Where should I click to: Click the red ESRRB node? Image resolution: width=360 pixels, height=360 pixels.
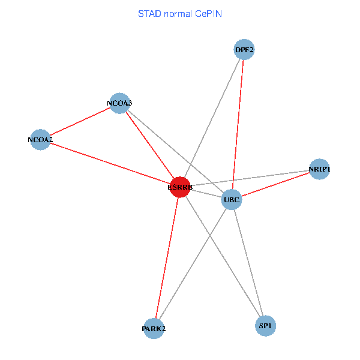click(180, 187)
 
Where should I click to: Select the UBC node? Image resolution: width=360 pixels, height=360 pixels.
click(232, 199)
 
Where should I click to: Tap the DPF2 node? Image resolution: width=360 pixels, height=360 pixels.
click(244, 50)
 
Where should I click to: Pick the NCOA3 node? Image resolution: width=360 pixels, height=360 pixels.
click(120, 103)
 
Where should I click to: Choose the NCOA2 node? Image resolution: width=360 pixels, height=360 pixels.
click(40, 140)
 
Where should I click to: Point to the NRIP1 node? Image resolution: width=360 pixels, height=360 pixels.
click(319, 169)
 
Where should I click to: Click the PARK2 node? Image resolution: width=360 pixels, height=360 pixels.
click(154, 328)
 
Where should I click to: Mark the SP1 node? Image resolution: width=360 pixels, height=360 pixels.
click(265, 326)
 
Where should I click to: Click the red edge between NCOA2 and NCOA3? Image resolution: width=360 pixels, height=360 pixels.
click(80, 122)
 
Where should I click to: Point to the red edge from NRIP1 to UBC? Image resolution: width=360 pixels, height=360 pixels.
click(275, 184)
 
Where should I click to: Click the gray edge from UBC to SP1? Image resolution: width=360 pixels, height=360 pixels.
click(248, 262)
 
